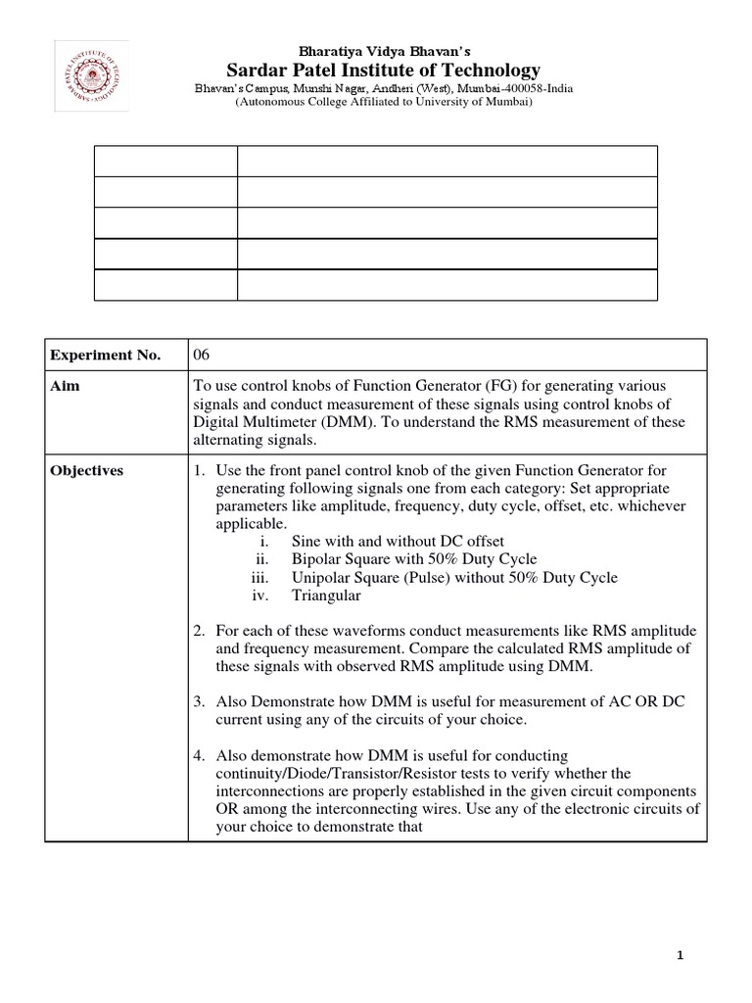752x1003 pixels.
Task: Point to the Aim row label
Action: click(x=66, y=386)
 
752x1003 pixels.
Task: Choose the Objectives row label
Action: click(x=87, y=470)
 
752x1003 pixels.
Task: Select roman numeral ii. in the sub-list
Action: click(x=261, y=559)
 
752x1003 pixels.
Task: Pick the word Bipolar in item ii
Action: click(x=316, y=559)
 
